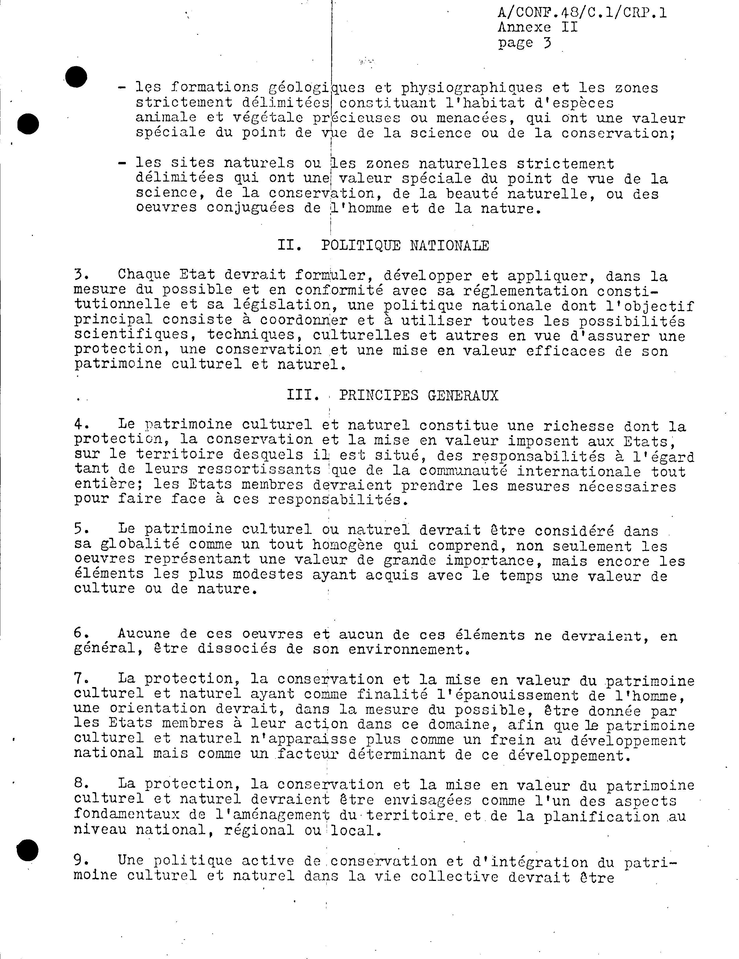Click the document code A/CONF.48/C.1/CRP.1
tap(581, 13)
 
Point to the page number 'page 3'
tap(524, 43)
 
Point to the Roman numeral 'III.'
tap(303, 396)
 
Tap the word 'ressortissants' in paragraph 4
tap(259, 470)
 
